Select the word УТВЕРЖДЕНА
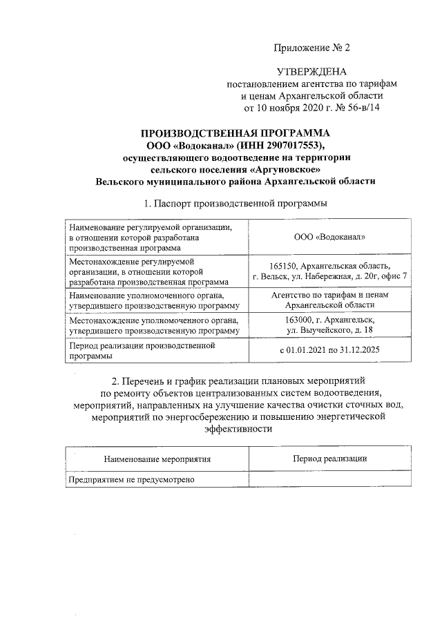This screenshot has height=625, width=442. pyautogui.click(x=311, y=72)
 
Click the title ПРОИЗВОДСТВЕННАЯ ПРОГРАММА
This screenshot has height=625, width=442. pyautogui.click(x=236, y=133)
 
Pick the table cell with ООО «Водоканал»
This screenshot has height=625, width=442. pyautogui.click(x=329, y=238)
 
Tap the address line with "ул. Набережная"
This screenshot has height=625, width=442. pyautogui.click(x=329, y=277)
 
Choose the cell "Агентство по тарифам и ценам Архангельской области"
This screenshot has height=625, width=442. pyautogui.click(x=329, y=300)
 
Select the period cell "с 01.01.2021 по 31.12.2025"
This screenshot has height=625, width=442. pyautogui.click(x=329, y=351)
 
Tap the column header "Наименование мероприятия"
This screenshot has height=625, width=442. pyautogui.click(x=157, y=459)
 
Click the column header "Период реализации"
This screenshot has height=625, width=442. pyautogui.click(x=329, y=459)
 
